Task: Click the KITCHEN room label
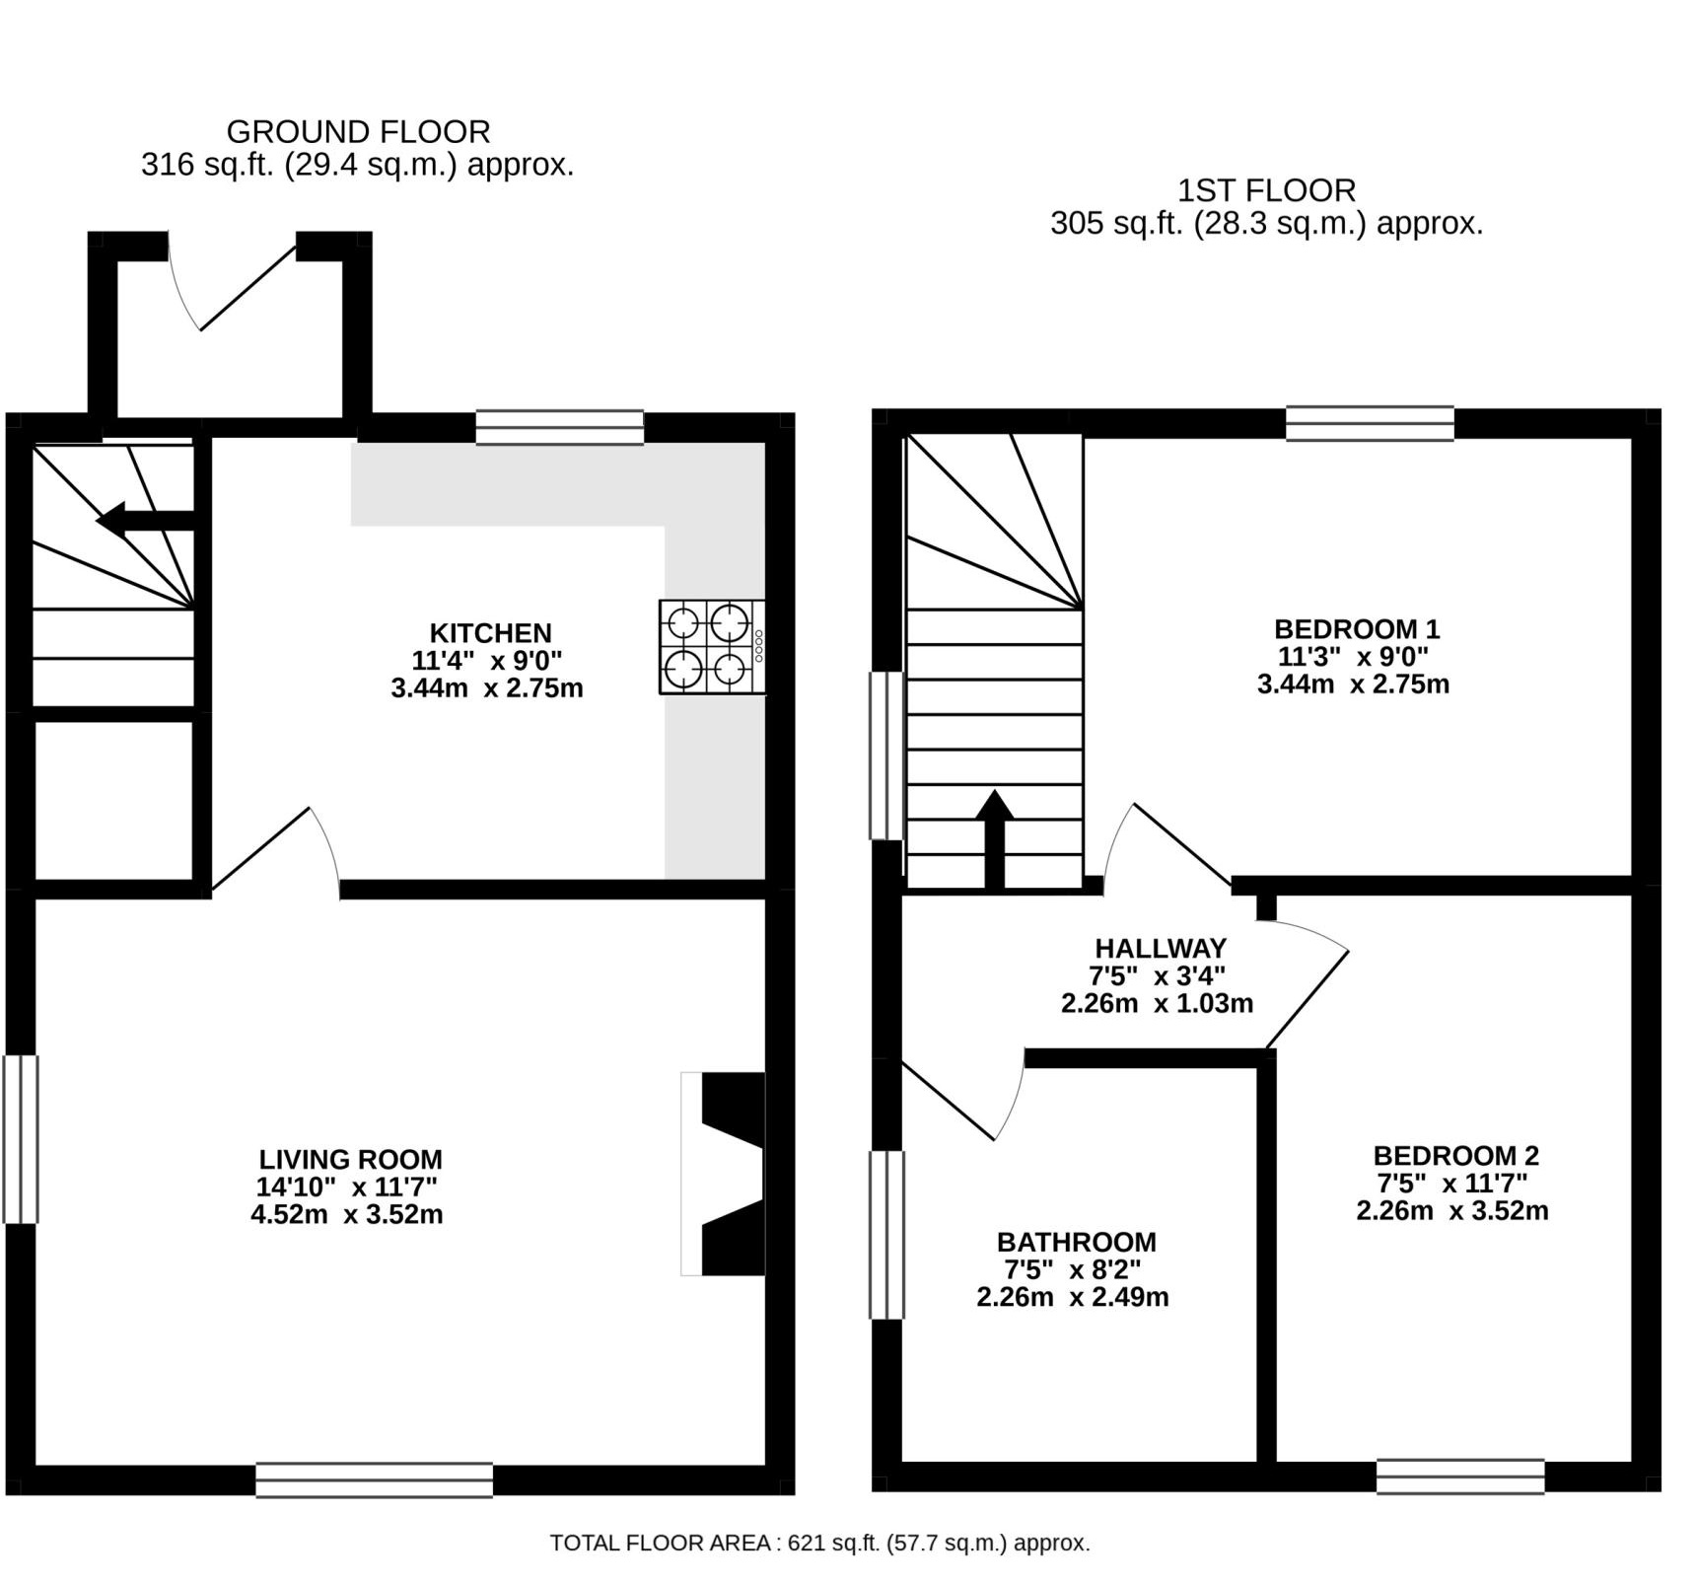(x=490, y=633)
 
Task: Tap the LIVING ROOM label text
(x=350, y=1159)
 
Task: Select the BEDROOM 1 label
(x=1357, y=629)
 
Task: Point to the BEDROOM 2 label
(x=1455, y=1155)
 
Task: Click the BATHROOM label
(x=1076, y=1242)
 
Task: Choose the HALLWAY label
(x=1161, y=949)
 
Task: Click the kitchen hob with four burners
(x=711, y=647)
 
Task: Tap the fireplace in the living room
(x=726, y=1174)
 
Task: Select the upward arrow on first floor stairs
(x=995, y=838)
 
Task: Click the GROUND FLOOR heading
(x=358, y=132)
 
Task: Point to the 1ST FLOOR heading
(x=1266, y=190)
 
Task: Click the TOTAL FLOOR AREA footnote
(x=819, y=1544)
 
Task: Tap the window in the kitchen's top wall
(x=559, y=428)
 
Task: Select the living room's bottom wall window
(x=374, y=1479)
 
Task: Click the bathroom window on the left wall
(x=886, y=1235)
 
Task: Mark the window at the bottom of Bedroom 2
(x=1459, y=1476)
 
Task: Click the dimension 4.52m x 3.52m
(x=346, y=1214)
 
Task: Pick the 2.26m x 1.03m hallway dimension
(x=1157, y=1004)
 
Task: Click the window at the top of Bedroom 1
(x=1370, y=423)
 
